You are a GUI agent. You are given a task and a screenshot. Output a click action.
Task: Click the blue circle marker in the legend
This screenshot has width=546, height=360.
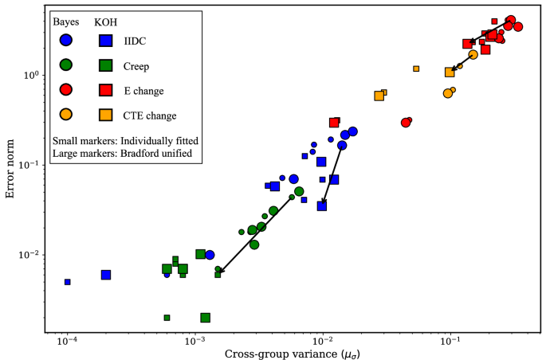66,40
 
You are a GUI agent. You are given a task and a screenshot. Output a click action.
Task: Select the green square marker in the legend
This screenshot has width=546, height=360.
105,65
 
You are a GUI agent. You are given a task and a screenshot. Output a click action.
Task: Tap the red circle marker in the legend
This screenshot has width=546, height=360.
66,89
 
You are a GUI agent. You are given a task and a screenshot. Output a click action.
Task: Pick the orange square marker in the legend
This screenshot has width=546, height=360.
105,115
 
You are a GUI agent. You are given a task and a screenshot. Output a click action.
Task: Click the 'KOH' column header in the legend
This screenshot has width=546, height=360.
105,22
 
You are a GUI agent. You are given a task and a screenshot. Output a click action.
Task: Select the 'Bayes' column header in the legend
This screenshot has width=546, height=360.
65,22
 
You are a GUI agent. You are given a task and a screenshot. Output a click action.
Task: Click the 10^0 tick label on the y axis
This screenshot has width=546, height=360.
30,74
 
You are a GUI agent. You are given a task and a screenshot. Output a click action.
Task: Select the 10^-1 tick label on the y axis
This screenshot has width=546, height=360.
30,165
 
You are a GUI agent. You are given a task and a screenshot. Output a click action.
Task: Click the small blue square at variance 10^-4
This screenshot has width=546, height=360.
68,282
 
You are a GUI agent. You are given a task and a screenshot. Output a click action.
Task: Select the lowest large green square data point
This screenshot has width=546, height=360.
205,318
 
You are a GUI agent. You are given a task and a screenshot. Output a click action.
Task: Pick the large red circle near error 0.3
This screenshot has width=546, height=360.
407,123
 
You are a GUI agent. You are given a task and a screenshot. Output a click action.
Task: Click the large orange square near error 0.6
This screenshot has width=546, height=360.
379,96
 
